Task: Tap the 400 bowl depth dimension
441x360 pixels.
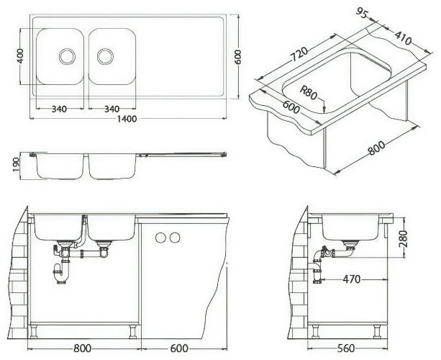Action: (x=20, y=55)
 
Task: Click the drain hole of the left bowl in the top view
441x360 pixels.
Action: (x=67, y=54)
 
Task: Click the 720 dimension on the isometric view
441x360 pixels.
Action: (x=299, y=54)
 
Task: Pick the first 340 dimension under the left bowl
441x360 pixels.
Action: (x=60, y=109)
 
